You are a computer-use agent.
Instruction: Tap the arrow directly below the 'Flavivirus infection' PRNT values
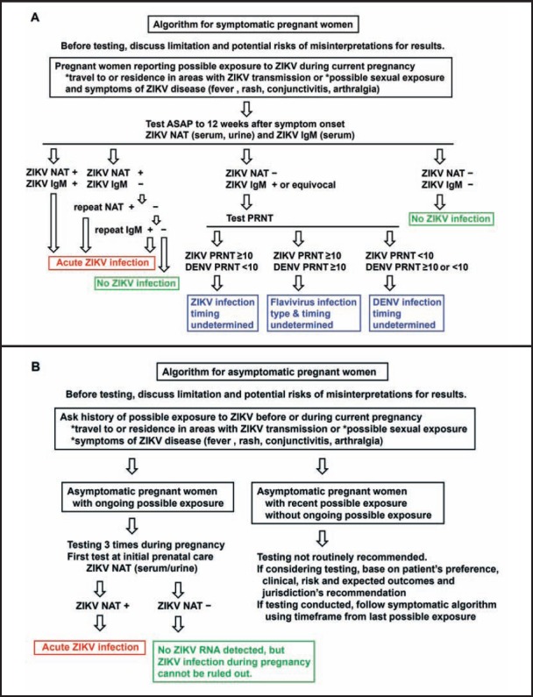303,279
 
